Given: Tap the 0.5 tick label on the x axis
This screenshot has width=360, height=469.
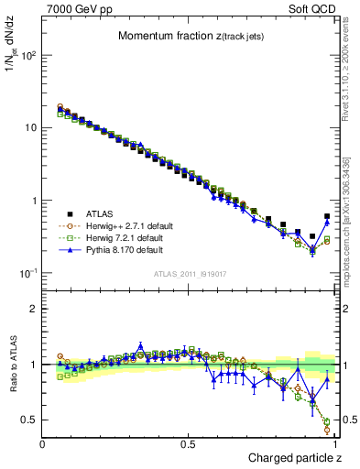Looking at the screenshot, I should [189, 443].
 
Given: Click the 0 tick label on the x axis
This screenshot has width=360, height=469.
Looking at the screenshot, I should [43, 443].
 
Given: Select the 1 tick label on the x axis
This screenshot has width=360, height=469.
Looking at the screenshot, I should [335, 443].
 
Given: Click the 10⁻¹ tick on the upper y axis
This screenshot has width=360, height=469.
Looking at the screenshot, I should [27, 273].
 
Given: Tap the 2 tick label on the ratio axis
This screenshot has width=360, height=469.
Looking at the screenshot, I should [33, 309].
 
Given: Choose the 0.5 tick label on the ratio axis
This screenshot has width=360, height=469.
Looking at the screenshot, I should [28, 420].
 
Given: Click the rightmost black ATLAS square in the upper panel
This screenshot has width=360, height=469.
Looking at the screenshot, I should [327, 216].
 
